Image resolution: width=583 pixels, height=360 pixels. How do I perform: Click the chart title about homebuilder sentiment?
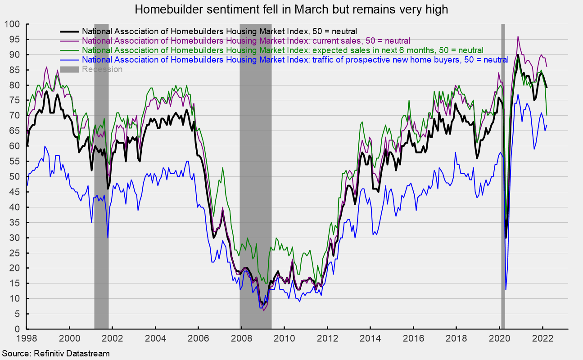tap(291, 9)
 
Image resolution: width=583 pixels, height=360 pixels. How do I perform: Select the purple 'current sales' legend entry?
tap(246, 41)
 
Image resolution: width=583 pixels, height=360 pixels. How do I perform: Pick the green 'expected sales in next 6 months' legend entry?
tap(282, 50)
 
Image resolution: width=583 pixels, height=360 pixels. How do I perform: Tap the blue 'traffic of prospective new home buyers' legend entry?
tap(295, 59)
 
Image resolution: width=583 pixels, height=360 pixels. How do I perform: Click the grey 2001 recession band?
tap(101, 180)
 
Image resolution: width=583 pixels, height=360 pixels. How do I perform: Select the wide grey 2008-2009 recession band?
tap(255, 180)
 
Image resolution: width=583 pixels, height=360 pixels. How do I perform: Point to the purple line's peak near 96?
tap(518, 36)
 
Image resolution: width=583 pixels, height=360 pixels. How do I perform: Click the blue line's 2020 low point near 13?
tap(506, 289)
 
